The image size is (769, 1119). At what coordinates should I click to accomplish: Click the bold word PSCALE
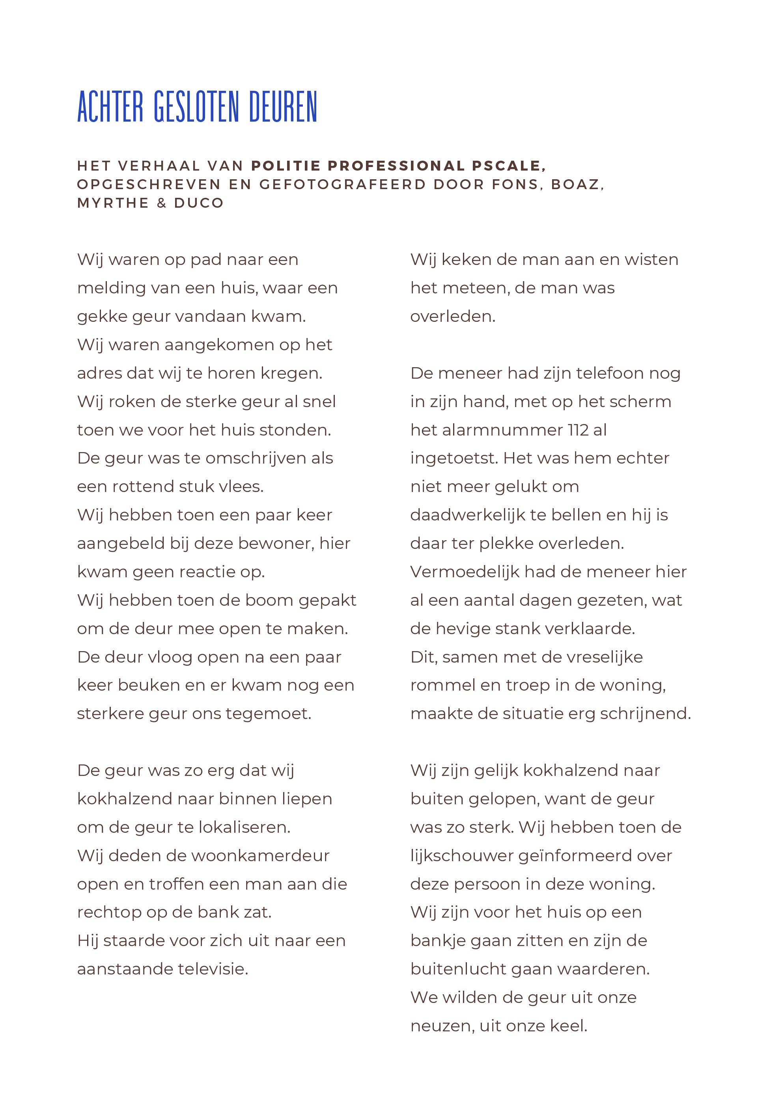[509, 166]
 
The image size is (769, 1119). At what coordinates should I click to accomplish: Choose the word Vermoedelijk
[465, 572]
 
